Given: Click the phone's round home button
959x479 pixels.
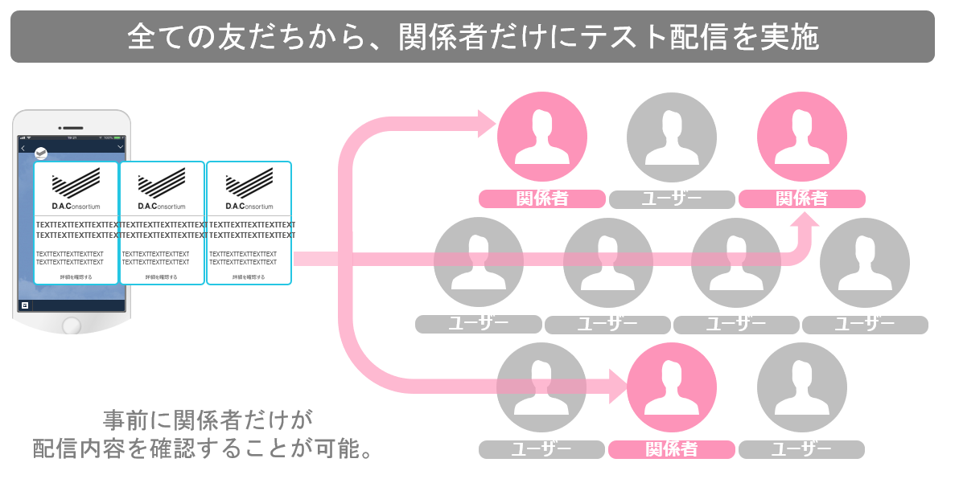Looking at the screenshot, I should click(x=72, y=325).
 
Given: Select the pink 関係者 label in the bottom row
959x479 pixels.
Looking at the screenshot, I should click(x=671, y=450).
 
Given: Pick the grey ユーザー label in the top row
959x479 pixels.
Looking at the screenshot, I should click(x=672, y=199).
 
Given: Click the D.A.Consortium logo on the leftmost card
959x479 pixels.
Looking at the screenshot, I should click(x=76, y=190).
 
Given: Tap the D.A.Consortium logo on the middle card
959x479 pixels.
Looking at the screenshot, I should click(x=162, y=190).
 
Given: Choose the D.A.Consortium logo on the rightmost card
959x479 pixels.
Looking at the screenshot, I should click(x=249, y=190).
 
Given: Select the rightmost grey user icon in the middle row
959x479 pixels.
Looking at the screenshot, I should click(x=865, y=263).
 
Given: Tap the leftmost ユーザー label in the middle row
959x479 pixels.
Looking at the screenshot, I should click(x=478, y=325).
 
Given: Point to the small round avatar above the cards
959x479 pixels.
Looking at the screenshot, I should click(x=41, y=154).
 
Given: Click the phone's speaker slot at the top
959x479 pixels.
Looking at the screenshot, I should click(x=72, y=127).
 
